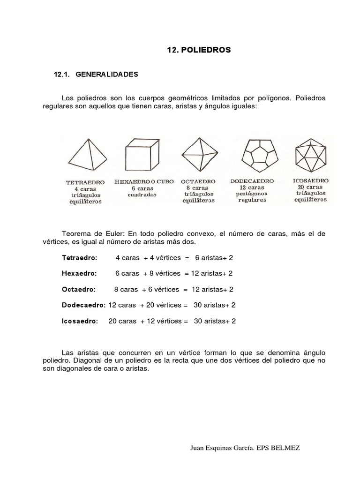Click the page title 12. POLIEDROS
point(199,50)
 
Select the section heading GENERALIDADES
point(106,75)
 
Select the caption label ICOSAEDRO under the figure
point(310,180)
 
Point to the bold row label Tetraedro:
point(80,258)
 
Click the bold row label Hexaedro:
point(79,273)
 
